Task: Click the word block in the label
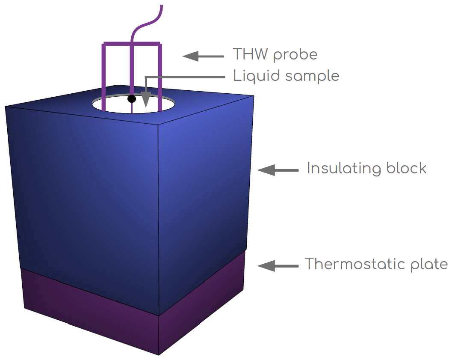(x=406, y=168)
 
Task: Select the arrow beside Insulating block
(x=278, y=170)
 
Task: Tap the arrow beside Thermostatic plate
(x=278, y=266)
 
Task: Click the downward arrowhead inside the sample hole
(x=146, y=101)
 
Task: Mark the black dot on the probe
(x=132, y=99)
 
